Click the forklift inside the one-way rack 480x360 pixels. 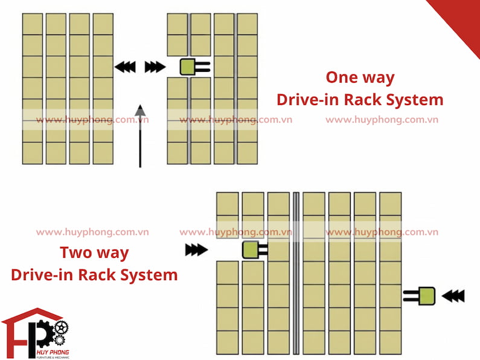[195, 66]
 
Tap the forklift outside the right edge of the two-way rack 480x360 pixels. [419, 296]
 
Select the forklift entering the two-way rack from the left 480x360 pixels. [255, 250]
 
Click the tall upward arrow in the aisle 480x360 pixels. [140, 136]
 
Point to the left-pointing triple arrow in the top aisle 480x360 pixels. [125, 66]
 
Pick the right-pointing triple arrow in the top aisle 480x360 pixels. [155, 66]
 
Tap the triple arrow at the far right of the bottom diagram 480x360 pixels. [453, 296]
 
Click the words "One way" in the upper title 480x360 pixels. [360, 77]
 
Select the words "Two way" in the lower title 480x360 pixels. [94, 253]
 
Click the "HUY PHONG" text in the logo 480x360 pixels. [53, 352]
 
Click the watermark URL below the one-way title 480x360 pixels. [382, 120]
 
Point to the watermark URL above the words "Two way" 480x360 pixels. [92, 232]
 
